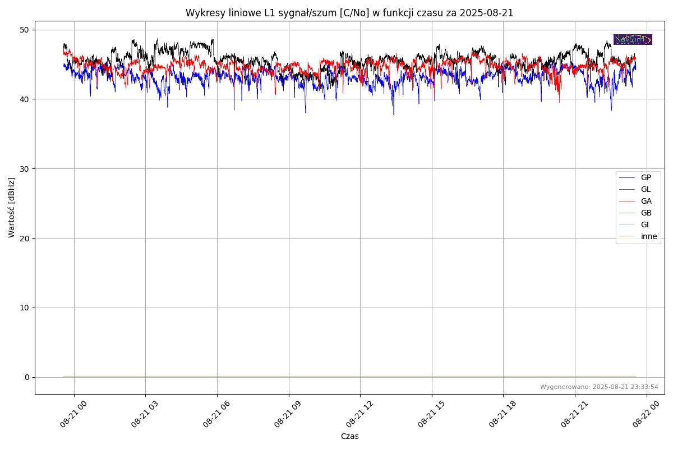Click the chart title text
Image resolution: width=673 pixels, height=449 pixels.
[x=349, y=13]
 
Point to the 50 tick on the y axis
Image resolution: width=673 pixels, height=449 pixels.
[x=25, y=30]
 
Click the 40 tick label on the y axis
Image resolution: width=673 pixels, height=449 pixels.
[x=25, y=99]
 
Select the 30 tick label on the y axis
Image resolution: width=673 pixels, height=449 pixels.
[x=25, y=168]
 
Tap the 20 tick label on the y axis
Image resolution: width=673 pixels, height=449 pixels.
[x=25, y=238]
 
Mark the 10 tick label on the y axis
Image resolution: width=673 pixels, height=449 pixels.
[x=25, y=308]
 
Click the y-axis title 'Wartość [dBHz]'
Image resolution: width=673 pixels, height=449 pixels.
[x=12, y=207]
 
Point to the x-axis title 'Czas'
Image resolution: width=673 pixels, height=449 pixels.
[x=349, y=436]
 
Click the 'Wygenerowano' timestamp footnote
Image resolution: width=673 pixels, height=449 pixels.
[x=599, y=387]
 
